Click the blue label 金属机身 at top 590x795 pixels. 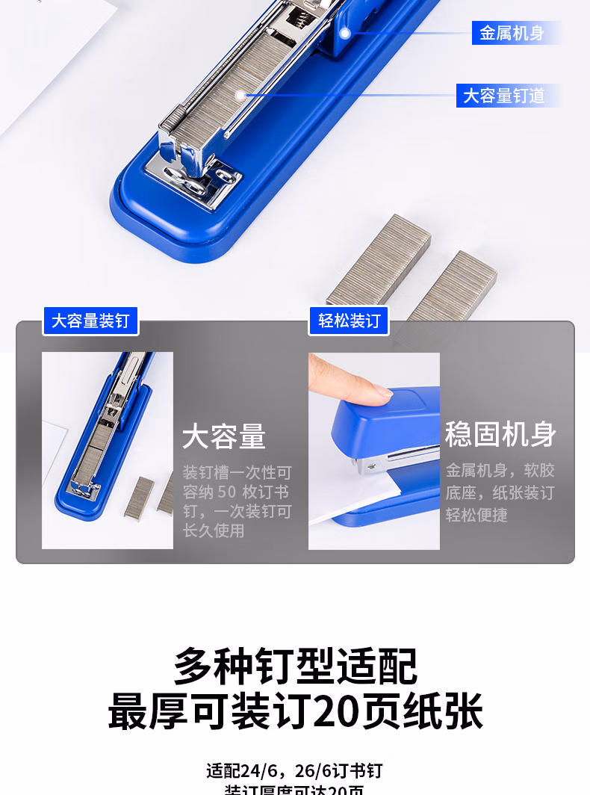coord(512,33)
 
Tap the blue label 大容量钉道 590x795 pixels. coord(504,96)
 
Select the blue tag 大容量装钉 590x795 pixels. coord(90,321)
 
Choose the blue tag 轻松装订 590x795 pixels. coord(350,321)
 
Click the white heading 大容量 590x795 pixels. coord(224,437)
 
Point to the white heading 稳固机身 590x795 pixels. coord(500,434)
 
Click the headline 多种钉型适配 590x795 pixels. coord(295,666)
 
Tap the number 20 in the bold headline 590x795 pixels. coord(335,711)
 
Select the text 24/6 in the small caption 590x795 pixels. coord(261,770)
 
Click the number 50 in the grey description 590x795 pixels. coord(227,492)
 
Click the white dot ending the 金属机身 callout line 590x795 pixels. coord(344,34)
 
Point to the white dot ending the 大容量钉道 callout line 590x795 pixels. coord(240,95)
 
